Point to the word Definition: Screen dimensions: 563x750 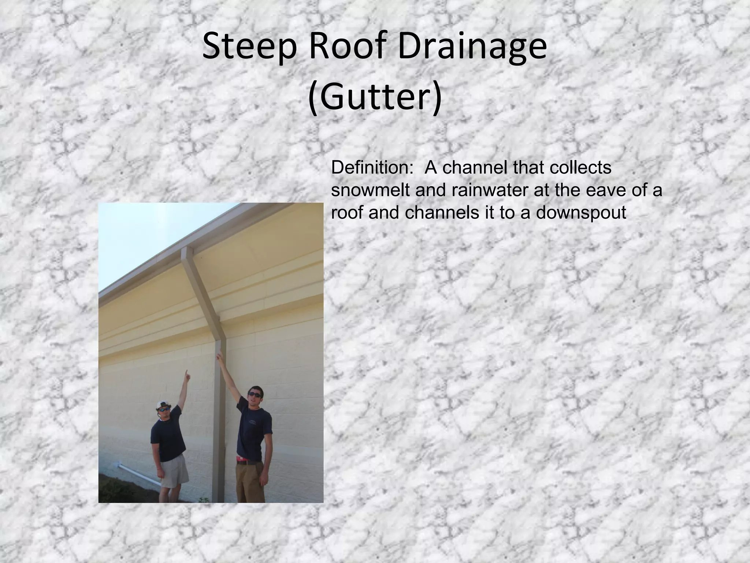[370, 168]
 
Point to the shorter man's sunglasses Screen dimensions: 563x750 [164, 409]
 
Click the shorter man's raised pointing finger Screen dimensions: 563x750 [187, 373]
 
